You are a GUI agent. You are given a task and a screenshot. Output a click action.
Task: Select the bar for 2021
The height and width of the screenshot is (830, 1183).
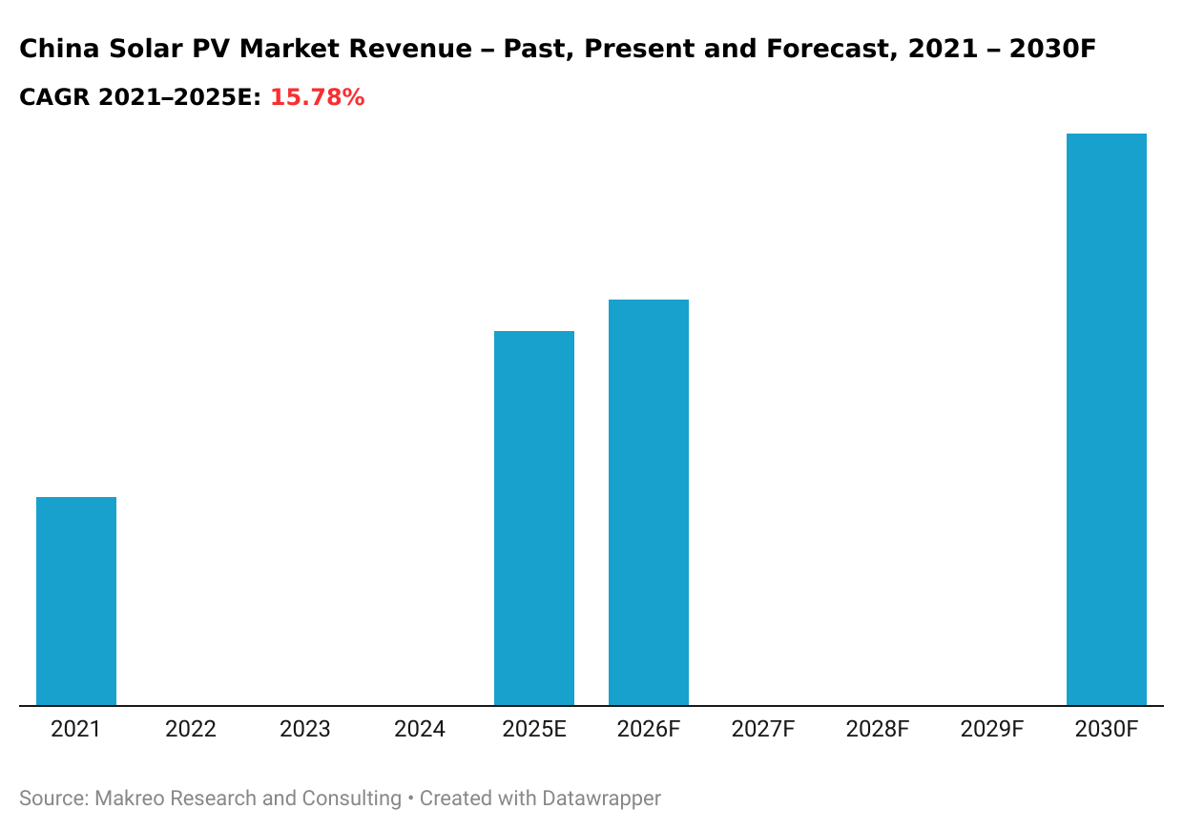76,601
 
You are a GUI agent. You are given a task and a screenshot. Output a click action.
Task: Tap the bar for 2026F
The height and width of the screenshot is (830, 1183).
649,503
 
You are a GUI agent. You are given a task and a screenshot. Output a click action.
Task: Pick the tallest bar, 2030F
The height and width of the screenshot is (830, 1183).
1107,420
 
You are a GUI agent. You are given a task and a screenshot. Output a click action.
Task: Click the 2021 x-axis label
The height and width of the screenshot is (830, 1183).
76,730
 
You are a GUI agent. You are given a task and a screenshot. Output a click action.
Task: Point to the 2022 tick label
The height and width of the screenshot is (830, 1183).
191,730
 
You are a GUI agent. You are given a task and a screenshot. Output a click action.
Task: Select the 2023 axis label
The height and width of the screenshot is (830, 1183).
305,730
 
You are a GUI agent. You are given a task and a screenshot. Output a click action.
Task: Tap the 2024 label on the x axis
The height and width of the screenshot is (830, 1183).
420,730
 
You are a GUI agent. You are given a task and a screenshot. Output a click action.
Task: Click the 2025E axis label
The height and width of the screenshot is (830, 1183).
534,730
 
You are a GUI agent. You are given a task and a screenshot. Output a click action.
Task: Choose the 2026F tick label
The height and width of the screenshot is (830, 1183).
649,730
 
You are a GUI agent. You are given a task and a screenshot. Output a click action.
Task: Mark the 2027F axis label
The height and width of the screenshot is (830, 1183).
763,730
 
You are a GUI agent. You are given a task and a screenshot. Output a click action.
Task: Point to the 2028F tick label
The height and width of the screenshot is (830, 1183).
878,730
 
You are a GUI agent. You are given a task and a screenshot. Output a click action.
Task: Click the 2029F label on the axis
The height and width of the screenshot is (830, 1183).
992,730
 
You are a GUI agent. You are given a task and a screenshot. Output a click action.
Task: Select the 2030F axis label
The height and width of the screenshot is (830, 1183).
1107,730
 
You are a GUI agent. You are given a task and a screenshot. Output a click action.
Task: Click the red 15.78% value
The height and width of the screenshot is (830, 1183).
317,97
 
